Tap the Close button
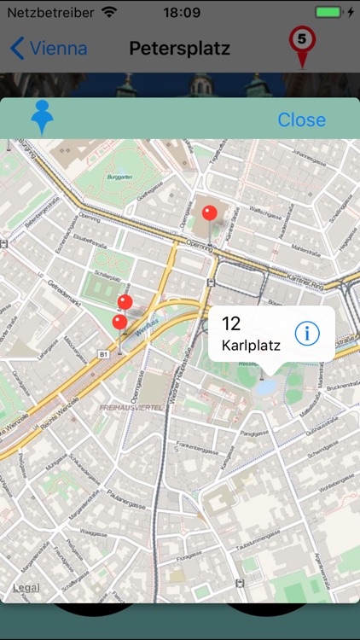tap(301, 120)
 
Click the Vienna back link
tap(49, 48)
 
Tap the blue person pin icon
tap(42, 118)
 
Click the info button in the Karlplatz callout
tap(307, 334)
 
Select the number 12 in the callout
tap(231, 323)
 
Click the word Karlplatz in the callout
tap(251, 346)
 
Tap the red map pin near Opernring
tap(209, 213)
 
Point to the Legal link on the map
tap(26, 588)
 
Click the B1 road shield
tap(102, 352)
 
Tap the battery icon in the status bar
tap(329, 13)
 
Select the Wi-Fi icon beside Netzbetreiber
tap(108, 13)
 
